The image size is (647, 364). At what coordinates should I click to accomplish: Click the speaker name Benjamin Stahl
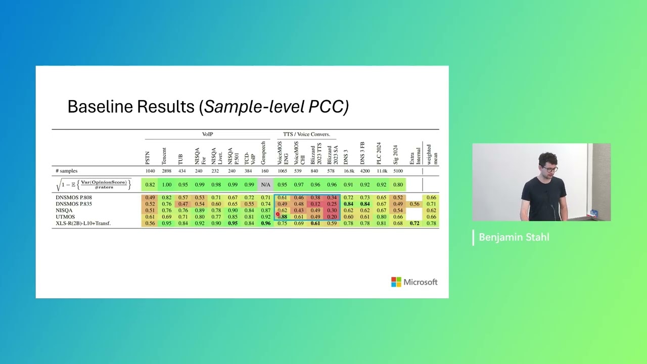click(x=514, y=238)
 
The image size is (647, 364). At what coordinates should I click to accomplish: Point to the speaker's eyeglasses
click(x=551, y=169)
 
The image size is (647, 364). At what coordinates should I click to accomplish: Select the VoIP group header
click(x=207, y=134)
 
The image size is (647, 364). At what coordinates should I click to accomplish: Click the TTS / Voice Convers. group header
click(x=306, y=134)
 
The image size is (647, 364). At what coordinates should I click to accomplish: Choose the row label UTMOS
click(x=65, y=217)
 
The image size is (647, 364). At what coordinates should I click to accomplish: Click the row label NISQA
click(x=64, y=210)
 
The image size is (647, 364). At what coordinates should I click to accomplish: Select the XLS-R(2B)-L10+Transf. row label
click(x=83, y=223)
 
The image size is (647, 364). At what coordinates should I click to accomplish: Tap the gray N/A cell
click(x=265, y=185)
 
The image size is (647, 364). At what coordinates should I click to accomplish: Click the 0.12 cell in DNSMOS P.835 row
click(x=315, y=204)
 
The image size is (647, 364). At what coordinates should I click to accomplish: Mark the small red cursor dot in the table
click(x=278, y=214)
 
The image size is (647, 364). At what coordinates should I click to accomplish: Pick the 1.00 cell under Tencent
click(x=166, y=185)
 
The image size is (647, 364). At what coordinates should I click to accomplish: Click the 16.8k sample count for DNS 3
click(x=348, y=171)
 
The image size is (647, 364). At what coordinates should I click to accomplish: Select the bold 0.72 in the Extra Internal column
click(x=414, y=223)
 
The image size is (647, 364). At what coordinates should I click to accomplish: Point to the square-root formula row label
click(x=94, y=185)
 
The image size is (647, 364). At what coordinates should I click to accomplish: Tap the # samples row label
click(x=66, y=171)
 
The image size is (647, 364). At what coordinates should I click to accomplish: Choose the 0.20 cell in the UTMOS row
click(x=332, y=217)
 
